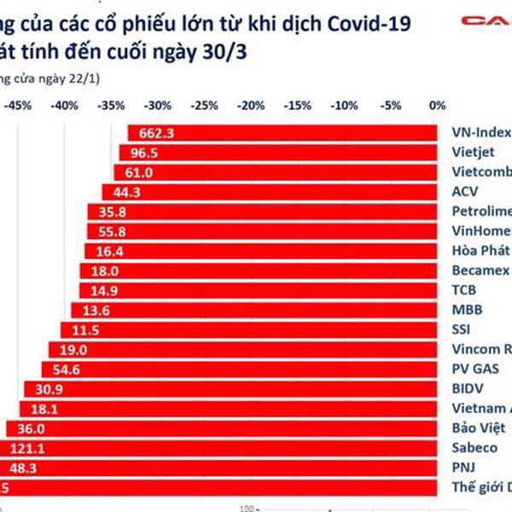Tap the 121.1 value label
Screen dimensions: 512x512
pos(27,448)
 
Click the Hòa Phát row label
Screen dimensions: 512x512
pos(478,251)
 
